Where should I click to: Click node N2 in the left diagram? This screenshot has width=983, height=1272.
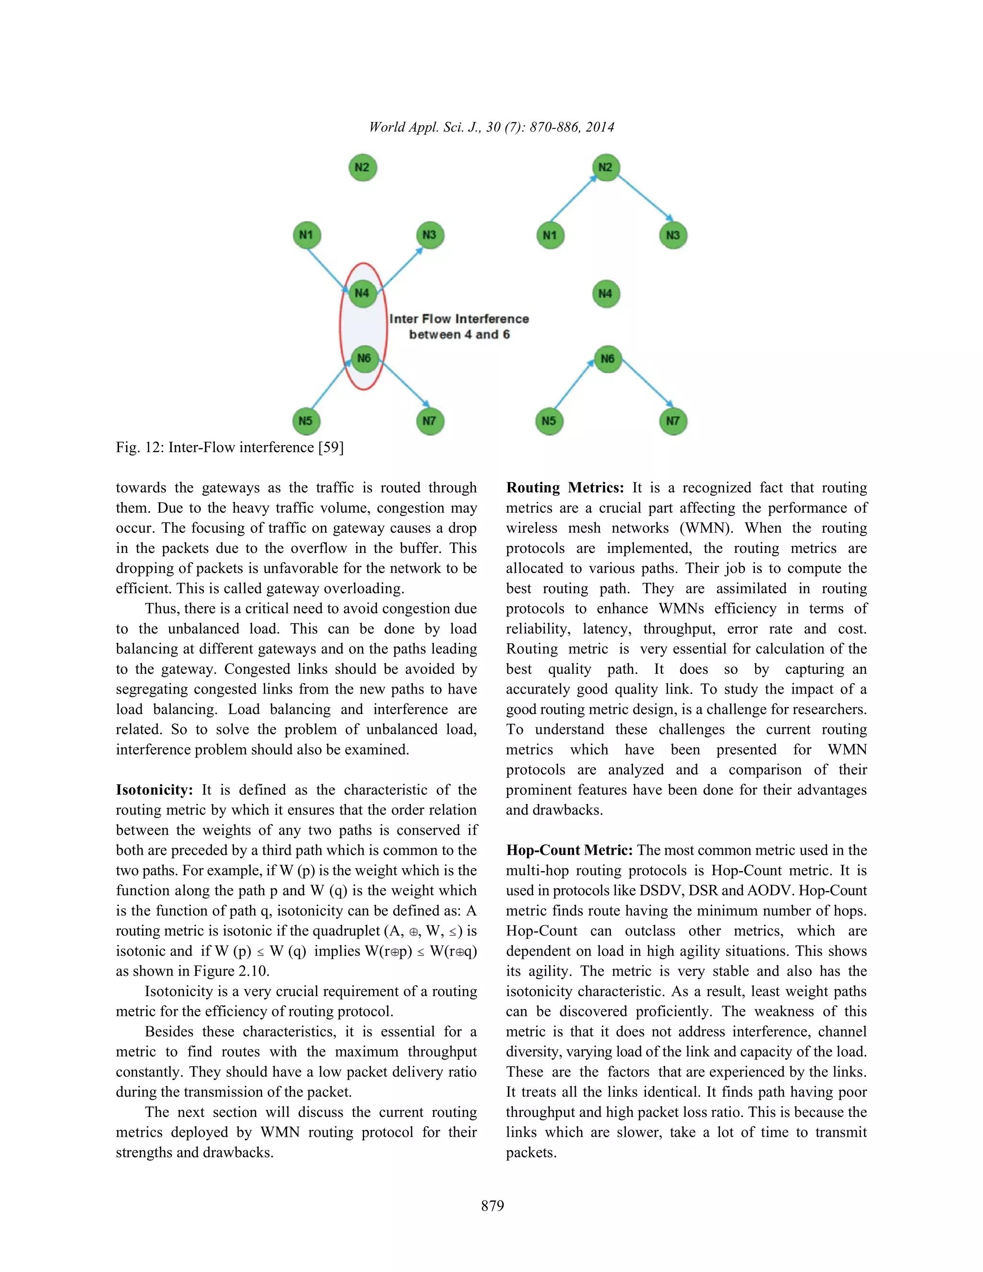(362, 168)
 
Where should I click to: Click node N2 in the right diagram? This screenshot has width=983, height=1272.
(606, 168)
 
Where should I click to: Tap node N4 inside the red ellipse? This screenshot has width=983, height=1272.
(362, 293)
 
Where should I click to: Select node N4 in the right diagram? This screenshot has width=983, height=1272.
(606, 294)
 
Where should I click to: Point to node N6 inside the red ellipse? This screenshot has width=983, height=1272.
(363, 358)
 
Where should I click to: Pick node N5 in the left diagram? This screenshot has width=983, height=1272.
(306, 420)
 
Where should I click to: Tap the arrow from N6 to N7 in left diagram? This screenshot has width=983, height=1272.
(405, 384)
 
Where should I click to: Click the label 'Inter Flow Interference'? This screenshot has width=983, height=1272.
(459, 319)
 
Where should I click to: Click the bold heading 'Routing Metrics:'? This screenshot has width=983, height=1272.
(565, 488)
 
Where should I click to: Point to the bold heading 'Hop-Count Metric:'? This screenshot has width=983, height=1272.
(569, 851)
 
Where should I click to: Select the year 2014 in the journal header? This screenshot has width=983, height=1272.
(600, 127)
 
